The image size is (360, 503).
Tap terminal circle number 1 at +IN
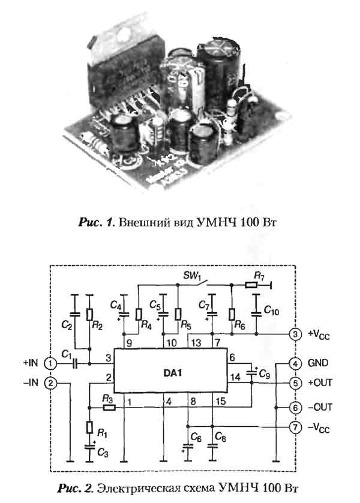[x=52, y=364]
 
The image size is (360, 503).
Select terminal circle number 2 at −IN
[x=52, y=382]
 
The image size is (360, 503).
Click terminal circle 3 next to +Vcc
[x=295, y=334]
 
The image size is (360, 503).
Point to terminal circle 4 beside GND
[x=295, y=364]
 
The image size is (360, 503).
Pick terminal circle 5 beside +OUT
[x=295, y=382]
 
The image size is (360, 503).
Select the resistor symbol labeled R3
[x=108, y=407]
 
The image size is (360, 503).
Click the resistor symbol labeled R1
[x=89, y=427]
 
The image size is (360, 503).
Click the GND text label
[x=317, y=364]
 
